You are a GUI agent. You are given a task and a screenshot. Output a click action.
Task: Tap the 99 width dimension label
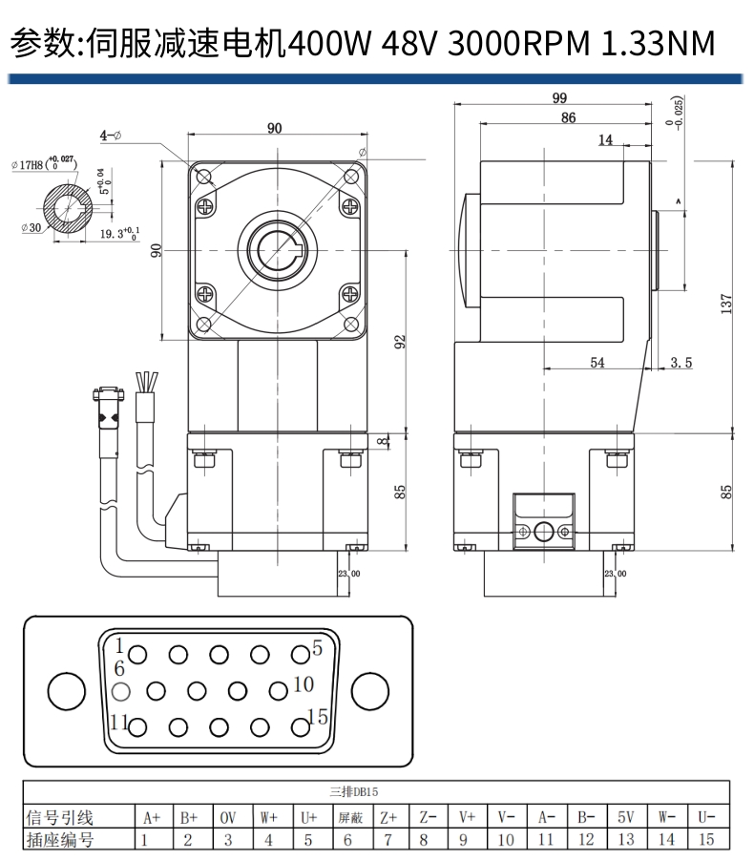[559, 97]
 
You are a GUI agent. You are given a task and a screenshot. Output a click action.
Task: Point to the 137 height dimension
[727, 304]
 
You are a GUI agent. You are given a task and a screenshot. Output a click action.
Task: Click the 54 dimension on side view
[597, 362]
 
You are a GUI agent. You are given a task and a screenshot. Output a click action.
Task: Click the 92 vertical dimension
[401, 341]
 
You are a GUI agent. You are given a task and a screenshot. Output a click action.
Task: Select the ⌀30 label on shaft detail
[30, 227]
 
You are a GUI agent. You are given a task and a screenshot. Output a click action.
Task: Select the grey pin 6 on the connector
[119, 690]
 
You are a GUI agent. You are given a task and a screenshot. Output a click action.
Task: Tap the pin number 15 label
[318, 716]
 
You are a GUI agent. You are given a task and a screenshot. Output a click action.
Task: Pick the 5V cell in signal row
[625, 817]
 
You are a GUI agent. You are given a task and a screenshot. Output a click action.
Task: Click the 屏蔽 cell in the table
[349, 817]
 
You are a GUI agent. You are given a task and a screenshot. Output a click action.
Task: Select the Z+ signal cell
[387, 817]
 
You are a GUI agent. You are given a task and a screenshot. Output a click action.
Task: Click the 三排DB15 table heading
[353, 791]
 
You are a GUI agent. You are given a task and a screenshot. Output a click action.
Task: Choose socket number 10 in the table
[506, 840]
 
